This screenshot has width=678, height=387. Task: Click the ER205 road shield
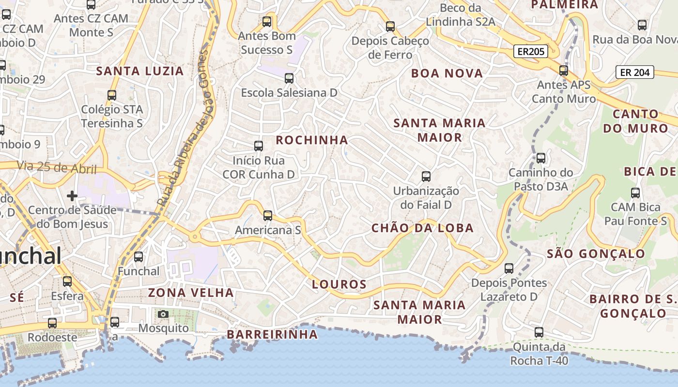pyautogui.click(x=530, y=52)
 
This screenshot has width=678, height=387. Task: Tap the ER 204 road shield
pyautogui.click(x=634, y=73)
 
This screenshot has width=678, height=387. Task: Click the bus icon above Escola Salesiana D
pyautogui.click(x=289, y=78)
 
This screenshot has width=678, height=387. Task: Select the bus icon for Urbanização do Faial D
pyautogui.click(x=426, y=177)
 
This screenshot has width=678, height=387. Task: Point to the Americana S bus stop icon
pyautogui.click(x=268, y=216)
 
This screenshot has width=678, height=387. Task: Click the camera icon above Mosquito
pyautogui.click(x=163, y=314)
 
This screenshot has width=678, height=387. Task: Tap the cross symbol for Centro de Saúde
pyautogui.click(x=72, y=196)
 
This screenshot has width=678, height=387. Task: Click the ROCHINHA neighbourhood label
pyautogui.click(x=312, y=140)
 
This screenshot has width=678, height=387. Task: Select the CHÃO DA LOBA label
pyautogui.click(x=422, y=228)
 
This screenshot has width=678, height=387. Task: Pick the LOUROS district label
pyautogui.click(x=339, y=284)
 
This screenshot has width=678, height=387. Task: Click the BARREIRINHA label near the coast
pyautogui.click(x=273, y=334)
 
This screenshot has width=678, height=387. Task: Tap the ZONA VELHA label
pyautogui.click(x=191, y=293)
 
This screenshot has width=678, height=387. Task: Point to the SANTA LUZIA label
pyautogui.click(x=140, y=71)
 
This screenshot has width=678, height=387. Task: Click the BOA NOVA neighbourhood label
pyautogui.click(x=447, y=74)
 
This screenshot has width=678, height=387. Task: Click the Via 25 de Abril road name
pyautogui.click(x=57, y=168)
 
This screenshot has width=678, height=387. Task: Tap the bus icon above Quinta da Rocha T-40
pyautogui.click(x=539, y=332)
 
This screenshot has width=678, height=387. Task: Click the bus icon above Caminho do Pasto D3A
pyautogui.click(x=541, y=158)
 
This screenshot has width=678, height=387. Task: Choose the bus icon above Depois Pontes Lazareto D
pyautogui.click(x=509, y=268)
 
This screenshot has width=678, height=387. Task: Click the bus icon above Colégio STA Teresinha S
pyautogui.click(x=112, y=95)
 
